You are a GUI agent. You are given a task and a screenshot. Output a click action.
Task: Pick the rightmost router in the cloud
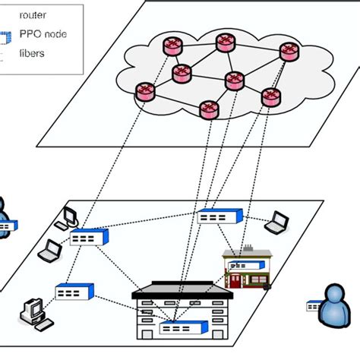tap(287, 52)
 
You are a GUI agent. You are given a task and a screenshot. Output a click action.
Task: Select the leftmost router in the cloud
tap(144, 93)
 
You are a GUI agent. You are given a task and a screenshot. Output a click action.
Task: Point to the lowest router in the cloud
tap(208, 110)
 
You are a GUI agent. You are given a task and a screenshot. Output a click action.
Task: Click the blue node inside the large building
tap(175, 328)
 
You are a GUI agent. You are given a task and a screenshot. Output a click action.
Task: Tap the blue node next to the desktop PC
tap(74, 291)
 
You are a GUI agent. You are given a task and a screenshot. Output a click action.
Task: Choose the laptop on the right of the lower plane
tap(277, 222)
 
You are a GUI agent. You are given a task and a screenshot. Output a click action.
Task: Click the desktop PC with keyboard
tap(33, 309)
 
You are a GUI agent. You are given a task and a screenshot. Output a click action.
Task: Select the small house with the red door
tap(245, 267)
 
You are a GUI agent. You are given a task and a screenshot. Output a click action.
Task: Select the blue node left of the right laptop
tap(219, 216)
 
